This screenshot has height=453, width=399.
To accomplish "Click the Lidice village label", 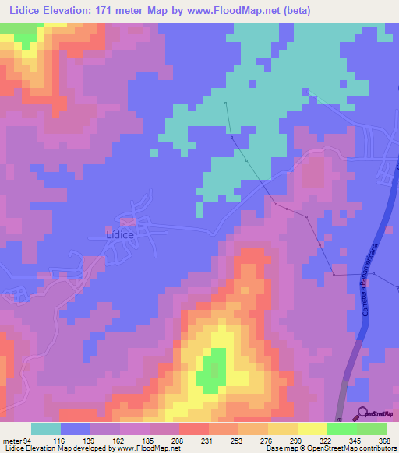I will (120, 234).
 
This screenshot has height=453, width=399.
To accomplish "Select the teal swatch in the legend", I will (46, 429).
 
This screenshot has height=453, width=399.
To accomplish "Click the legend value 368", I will (382, 441).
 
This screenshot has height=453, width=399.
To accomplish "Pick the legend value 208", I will (177, 441).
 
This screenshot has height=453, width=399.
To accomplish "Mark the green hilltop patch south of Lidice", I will (210, 370).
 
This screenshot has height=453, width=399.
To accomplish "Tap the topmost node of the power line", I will (225, 103).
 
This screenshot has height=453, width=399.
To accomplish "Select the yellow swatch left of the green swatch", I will (312, 429).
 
